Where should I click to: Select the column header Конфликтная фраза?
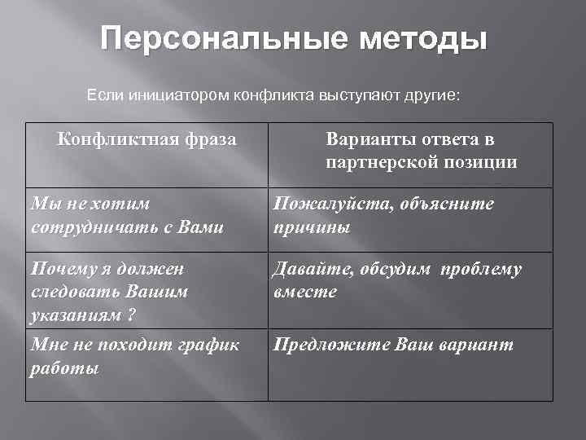tap(146, 140)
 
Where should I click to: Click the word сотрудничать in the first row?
tap(83, 227)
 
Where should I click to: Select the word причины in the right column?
tap(312, 227)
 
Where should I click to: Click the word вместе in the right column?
tap(304, 292)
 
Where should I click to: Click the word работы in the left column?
tap(63, 368)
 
